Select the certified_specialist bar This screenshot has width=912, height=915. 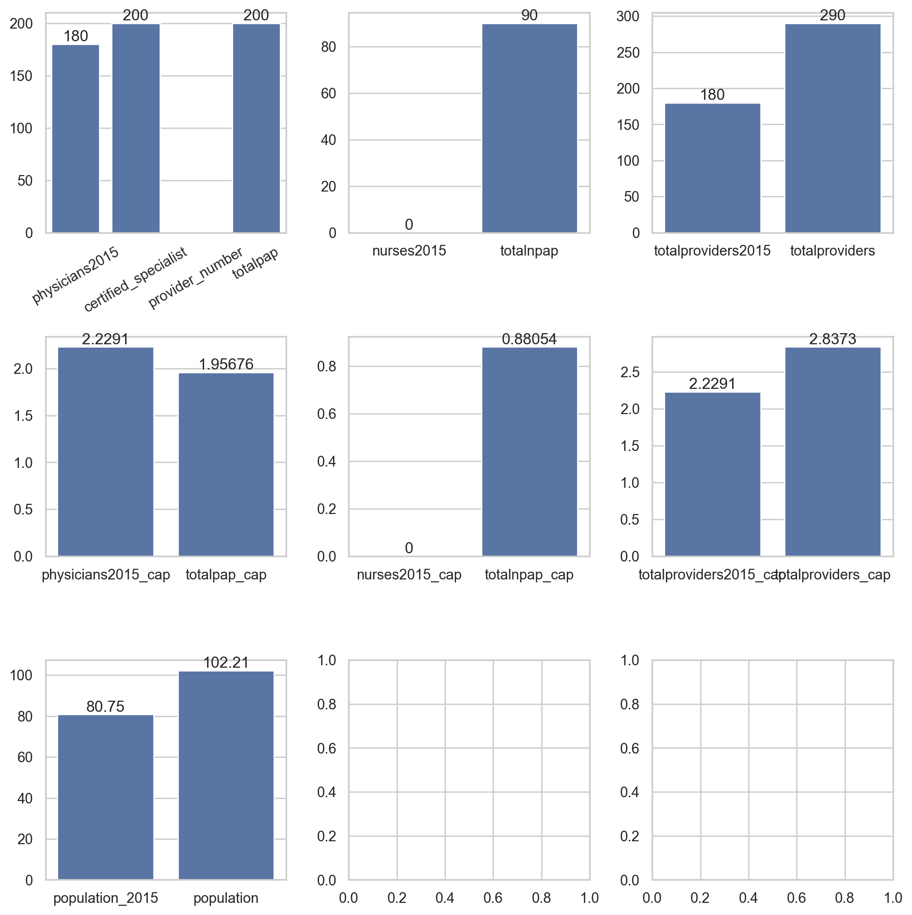pos(136,128)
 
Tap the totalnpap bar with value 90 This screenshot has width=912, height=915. pos(529,128)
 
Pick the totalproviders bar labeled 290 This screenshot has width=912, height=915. pos(832,128)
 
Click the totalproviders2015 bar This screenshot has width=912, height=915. pos(712,168)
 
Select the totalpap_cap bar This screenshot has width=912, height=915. pos(226,464)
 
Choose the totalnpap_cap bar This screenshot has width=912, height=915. pos(529,451)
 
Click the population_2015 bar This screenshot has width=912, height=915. pos(106,797)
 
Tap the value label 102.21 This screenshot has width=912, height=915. pos(226,662)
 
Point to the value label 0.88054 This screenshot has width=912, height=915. pos(529,339)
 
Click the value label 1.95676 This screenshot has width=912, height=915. pos(226,364)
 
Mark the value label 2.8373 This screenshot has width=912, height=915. pos(832,339)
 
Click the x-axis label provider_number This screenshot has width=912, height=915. pos(196,278)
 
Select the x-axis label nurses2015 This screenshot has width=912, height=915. pos(409,251)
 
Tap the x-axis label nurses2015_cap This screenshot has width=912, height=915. pos(409,575)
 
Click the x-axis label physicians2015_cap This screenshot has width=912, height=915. pos(106,575)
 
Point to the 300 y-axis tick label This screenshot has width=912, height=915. pos(628,16)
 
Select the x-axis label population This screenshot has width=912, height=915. pos(226,898)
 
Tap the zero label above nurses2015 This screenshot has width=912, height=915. pos(409,225)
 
